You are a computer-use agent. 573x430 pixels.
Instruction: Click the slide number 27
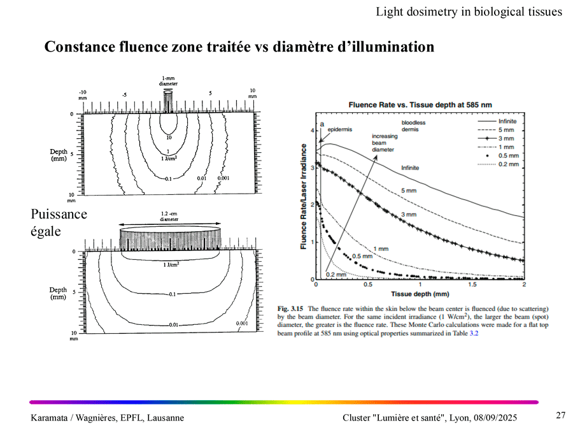560,415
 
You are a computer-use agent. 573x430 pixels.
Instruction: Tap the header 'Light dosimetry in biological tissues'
469,11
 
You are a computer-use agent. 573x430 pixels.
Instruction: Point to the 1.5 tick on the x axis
476,285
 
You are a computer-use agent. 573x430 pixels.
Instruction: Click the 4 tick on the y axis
312,131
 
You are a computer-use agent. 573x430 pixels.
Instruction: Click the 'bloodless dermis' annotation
413,126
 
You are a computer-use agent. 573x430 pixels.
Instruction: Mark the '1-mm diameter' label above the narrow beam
168,81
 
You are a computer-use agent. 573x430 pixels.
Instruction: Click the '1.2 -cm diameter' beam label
169,217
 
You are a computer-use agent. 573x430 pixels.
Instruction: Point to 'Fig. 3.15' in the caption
290,309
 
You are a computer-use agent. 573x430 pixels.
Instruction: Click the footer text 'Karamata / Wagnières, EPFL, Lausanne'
108,418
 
